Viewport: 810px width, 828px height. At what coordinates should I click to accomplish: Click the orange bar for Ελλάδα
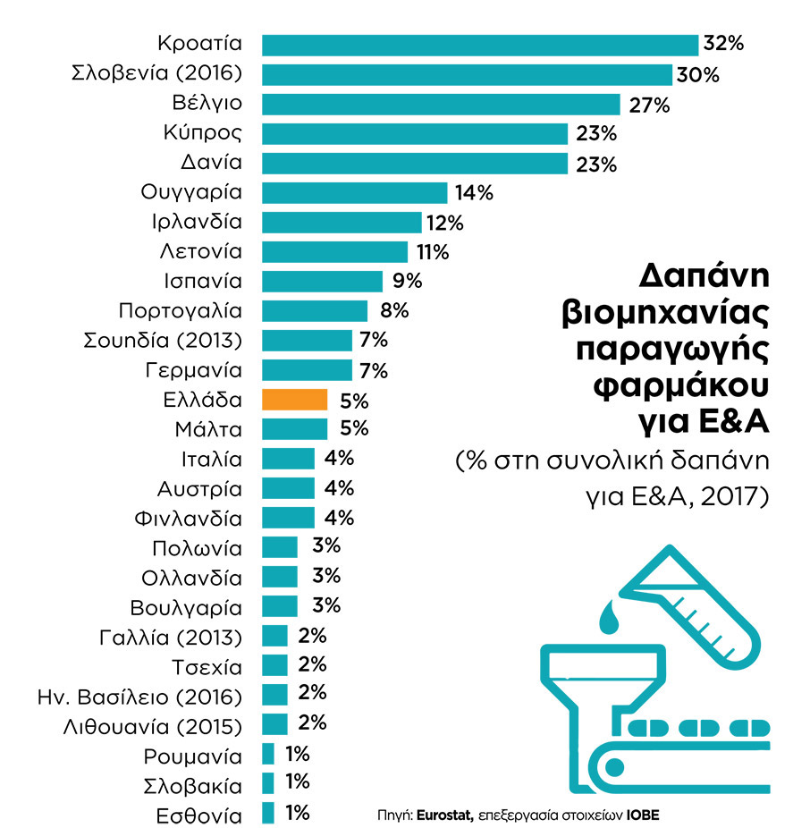(294, 400)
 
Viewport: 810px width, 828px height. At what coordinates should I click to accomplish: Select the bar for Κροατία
(479, 45)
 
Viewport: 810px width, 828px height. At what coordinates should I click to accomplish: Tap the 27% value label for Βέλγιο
(649, 105)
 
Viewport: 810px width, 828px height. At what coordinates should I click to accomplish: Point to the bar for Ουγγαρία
(354, 193)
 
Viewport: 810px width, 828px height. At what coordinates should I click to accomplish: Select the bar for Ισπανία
(322, 282)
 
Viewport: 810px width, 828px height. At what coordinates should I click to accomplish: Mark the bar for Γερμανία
(307, 370)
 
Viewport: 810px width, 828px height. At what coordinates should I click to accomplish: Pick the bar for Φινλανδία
(288, 518)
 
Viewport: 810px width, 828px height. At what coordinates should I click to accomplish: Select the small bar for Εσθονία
(268, 813)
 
